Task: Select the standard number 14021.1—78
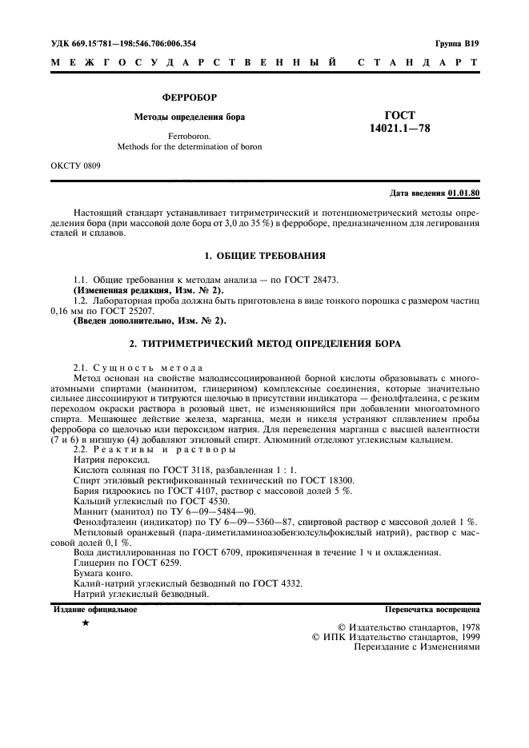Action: click(399, 129)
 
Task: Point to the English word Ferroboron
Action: click(189, 137)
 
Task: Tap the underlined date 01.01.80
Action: click(464, 193)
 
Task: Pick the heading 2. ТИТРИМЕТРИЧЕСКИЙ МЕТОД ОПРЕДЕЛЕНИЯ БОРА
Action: click(264, 344)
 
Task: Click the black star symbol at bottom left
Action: click(85, 622)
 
